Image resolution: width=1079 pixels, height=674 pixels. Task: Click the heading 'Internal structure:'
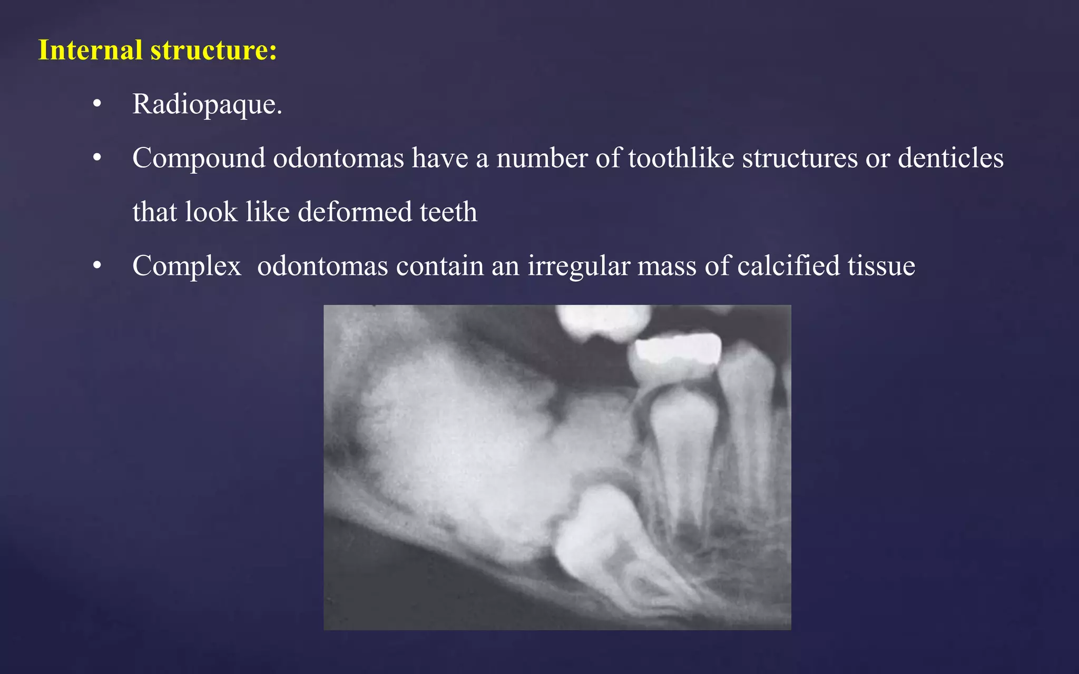158,51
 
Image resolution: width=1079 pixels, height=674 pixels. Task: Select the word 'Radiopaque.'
207,104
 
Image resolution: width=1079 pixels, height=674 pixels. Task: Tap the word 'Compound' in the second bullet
199,158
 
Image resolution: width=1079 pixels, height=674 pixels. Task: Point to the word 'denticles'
950,158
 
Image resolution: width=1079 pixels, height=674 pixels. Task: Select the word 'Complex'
187,266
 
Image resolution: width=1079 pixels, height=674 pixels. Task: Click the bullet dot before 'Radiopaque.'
97,104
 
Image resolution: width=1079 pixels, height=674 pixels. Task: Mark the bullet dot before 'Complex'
97,266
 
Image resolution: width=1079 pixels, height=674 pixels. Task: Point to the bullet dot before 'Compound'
97,158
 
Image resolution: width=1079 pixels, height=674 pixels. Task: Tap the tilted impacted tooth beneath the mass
606,542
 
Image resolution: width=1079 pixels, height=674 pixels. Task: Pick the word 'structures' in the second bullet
800,158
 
